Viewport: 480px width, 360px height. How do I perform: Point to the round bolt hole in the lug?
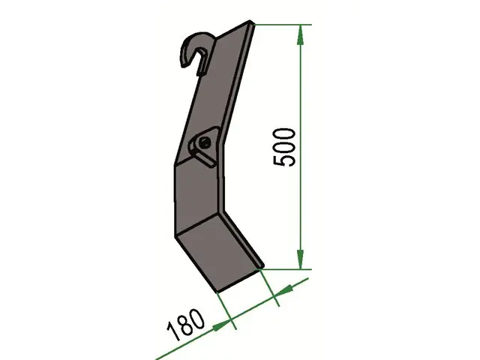pyautogui.click(x=204, y=142)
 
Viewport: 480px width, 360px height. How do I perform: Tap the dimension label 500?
pyautogui.click(x=284, y=148)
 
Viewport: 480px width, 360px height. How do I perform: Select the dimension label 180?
pyautogui.click(x=185, y=324)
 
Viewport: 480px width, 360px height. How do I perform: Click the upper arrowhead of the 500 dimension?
pyautogui.click(x=300, y=35)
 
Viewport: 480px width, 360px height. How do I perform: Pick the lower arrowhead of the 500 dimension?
pyautogui.click(x=300, y=259)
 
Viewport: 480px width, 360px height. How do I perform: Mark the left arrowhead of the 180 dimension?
pyautogui.click(x=222, y=325)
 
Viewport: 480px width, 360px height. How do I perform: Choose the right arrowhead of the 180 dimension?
pyautogui.click(x=283, y=291)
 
